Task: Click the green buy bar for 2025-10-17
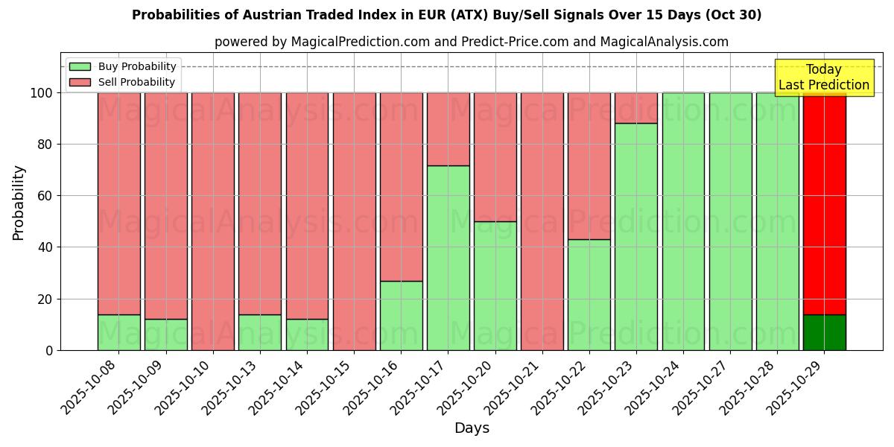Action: (x=448, y=258)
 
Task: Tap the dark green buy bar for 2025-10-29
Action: (x=824, y=332)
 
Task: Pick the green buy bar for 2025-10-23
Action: (x=636, y=237)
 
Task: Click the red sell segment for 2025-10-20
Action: (x=495, y=156)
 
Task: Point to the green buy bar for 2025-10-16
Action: (x=401, y=315)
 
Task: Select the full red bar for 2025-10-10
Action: (x=213, y=221)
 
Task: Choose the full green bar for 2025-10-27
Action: (x=730, y=221)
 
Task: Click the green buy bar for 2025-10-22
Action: (x=589, y=294)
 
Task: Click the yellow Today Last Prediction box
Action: (x=823, y=77)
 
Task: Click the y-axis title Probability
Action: (x=19, y=203)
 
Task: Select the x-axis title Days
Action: (x=472, y=428)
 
